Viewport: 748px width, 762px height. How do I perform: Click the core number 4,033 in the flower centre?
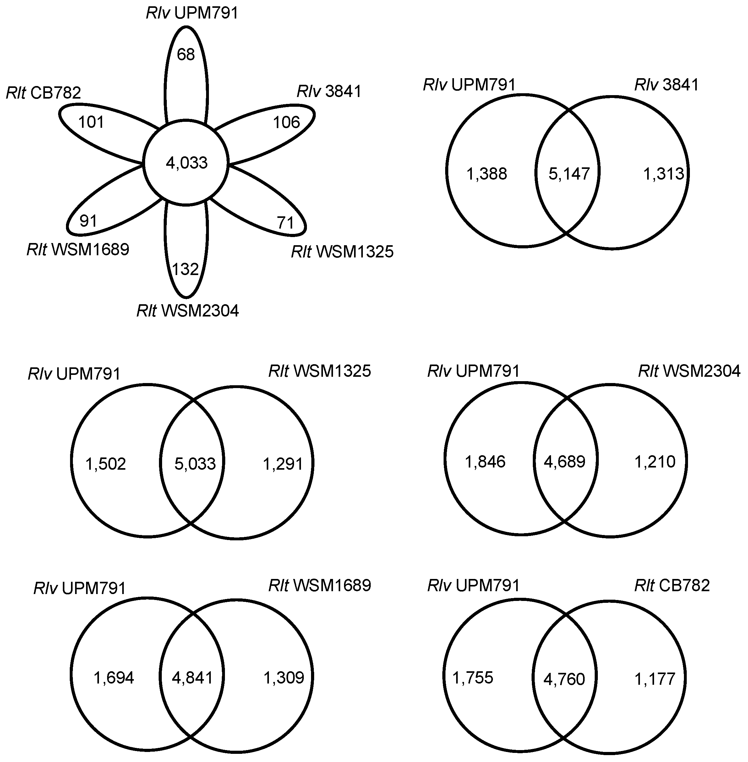coord(187,163)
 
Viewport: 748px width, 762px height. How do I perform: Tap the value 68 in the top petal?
coord(186,55)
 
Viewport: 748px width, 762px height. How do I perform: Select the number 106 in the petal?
coord(287,122)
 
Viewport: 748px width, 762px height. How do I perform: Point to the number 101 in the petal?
coord(91,122)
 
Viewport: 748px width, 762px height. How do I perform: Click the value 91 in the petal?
coord(88,221)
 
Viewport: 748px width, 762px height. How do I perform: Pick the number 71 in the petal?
coord(286,223)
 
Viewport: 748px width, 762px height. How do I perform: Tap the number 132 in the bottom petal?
coord(186,269)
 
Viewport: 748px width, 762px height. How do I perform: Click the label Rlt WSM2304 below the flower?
coord(188,311)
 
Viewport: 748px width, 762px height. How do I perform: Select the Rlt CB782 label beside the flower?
coord(44,93)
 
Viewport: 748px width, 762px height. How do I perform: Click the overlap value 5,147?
coord(569,174)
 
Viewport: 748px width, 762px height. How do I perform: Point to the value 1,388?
coord(487,174)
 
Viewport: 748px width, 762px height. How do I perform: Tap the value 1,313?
coord(663,174)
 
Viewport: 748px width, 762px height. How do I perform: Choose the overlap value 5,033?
coord(195,464)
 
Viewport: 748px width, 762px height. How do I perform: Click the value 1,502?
coord(106,464)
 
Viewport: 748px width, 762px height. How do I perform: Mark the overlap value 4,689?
coord(565,462)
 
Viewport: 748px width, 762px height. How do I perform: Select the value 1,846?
coord(485,462)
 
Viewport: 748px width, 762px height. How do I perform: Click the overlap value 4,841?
coord(193,678)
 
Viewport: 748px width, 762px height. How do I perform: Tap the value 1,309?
coord(284,678)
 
